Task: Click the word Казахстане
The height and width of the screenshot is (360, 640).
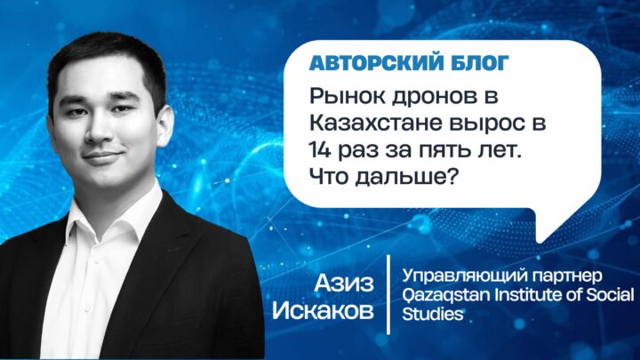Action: pyautogui.click(x=376, y=124)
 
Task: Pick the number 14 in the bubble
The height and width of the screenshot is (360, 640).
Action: pyautogui.click(x=319, y=150)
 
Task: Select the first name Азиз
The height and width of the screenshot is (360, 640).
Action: pyautogui.click(x=344, y=283)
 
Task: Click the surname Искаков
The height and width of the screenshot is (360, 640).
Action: pyautogui.click(x=324, y=311)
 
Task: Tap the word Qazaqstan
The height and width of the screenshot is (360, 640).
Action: pyautogui.click(x=446, y=295)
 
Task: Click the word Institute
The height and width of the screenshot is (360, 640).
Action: pyautogui.click(x=530, y=294)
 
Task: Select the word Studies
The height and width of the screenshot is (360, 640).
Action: pyautogui.click(x=433, y=314)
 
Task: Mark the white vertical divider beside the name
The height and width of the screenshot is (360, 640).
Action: pyautogui.click(x=388, y=295)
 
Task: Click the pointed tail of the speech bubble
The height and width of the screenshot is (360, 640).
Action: pyautogui.click(x=540, y=240)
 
